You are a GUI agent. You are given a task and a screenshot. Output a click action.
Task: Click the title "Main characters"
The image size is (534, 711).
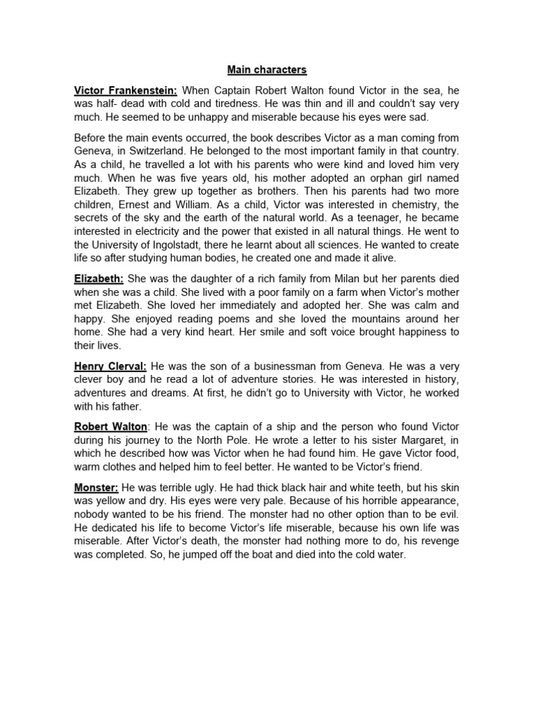(267, 70)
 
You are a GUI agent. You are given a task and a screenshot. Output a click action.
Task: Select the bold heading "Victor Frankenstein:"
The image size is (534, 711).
(126, 90)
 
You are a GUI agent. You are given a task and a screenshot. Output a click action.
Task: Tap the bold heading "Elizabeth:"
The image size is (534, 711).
(99, 278)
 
